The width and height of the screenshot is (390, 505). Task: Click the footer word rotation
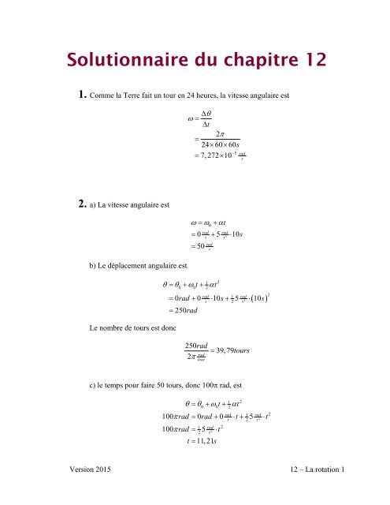coord(325,491)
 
